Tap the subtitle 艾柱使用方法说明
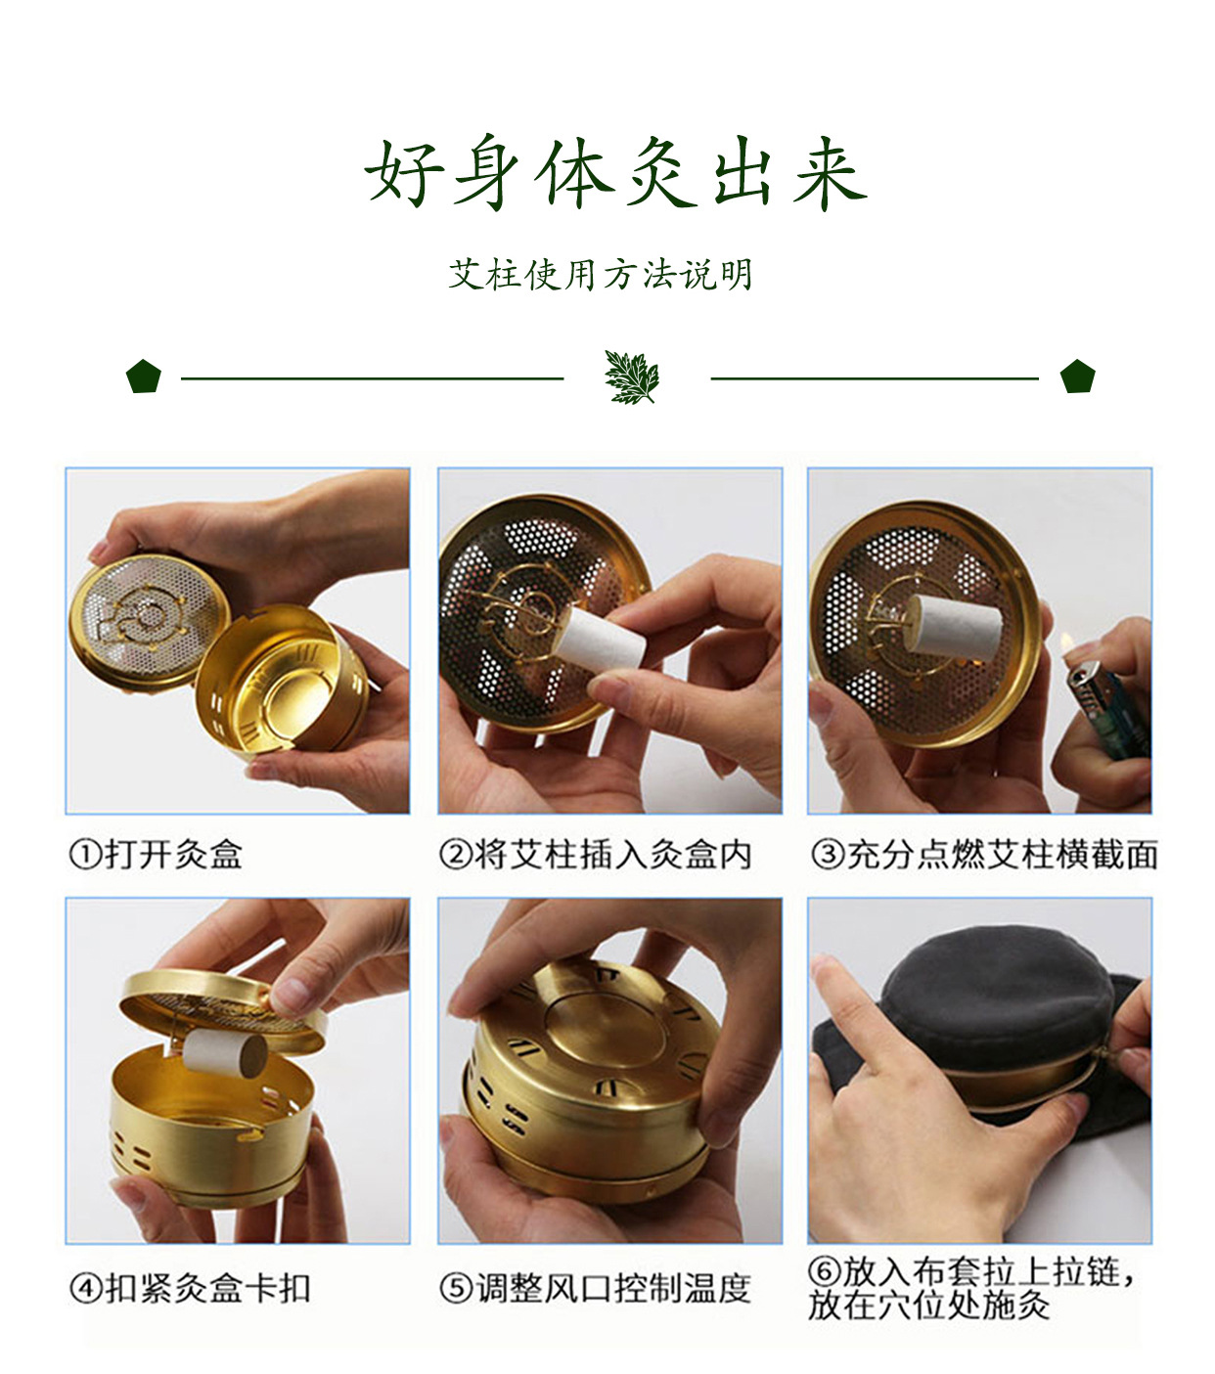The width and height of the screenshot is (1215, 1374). pos(601,275)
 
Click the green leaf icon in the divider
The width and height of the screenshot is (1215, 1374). pos(632,377)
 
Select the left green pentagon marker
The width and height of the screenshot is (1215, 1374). pos(143,377)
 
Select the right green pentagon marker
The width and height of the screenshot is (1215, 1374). pos(1077,377)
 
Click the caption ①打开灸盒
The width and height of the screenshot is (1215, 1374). pos(156,855)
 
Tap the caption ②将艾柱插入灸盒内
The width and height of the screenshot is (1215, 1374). pos(596,855)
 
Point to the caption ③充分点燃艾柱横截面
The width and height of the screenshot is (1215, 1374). pos(983,855)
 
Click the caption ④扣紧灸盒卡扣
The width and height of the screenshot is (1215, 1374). pos(190,1288)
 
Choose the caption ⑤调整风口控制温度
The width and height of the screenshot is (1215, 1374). pos(596,1288)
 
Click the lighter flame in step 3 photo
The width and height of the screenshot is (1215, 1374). pos(1068,644)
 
